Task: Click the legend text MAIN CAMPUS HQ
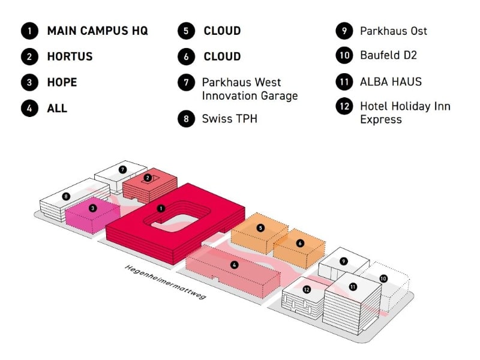pyautogui.click(x=97, y=31)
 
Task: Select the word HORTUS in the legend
pyautogui.click(x=70, y=57)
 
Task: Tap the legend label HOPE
pyautogui.click(x=62, y=82)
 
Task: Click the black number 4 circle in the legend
pyautogui.click(x=28, y=109)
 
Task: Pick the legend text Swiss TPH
pyautogui.click(x=229, y=119)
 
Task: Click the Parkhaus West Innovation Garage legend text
pyautogui.click(x=250, y=89)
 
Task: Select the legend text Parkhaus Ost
pyautogui.click(x=394, y=31)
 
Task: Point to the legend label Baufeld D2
pyautogui.click(x=388, y=55)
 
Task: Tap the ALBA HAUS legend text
pyautogui.click(x=391, y=82)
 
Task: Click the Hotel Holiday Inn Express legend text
pyautogui.click(x=405, y=113)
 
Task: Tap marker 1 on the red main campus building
pyautogui.click(x=160, y=208)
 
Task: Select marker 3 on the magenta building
pyautogui.click(x=92, y=208)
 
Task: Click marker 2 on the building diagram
pyautogui.click(x=147, y=178)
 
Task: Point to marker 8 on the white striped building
pyautogui.click(x=66, y=196)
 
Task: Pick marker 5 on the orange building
pyautogui.click(x=260, y=228)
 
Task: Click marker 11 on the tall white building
pyautogui.click(x=353, y=287)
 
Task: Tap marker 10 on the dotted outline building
pyautogui.click(x=383, y=278)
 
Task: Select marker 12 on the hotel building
pyautogui.click(x=307, y=289)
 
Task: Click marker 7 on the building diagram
pyautogui.click(x=122, y=170)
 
